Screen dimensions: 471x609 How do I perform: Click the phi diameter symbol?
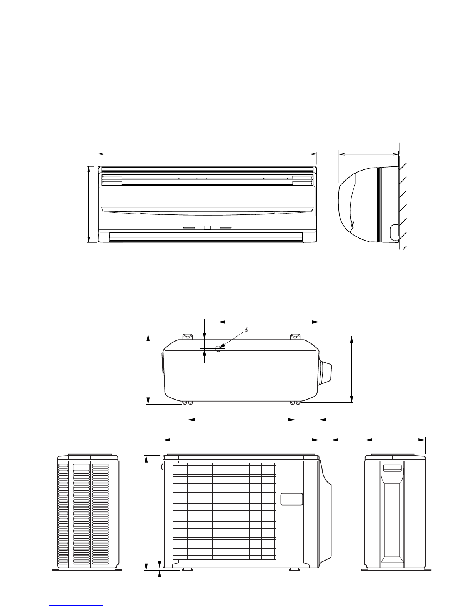246,330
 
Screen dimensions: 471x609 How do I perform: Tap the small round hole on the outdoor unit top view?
218,348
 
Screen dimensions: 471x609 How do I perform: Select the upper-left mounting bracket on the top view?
188,337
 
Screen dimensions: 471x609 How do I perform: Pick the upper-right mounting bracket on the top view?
295,337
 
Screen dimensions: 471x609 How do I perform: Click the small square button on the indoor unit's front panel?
207,227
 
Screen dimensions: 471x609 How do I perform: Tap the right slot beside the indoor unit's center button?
226,228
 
